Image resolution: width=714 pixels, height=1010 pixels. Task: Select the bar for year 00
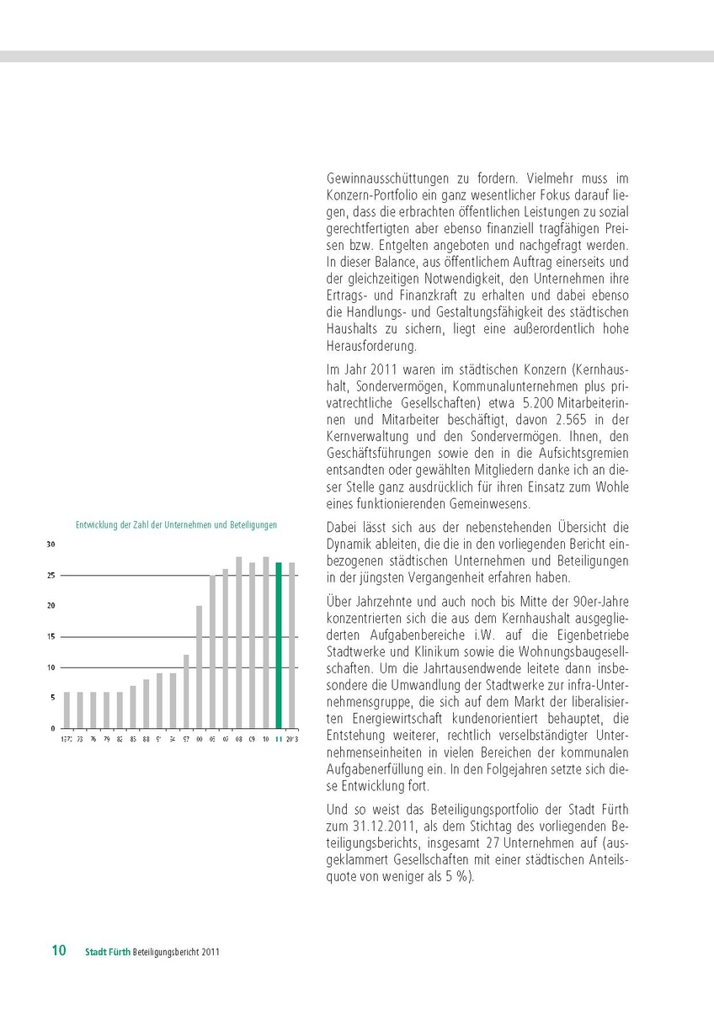(200, 667)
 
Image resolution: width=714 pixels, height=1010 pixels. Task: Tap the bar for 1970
(67, 710)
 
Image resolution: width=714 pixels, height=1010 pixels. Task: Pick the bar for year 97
(186, 691)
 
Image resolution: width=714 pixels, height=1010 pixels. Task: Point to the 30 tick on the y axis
(51, 545)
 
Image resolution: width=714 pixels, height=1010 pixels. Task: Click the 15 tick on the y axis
(51, 636)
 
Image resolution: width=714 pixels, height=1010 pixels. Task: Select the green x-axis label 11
(279, 739)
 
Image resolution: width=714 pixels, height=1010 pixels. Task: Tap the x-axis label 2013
(292, 739)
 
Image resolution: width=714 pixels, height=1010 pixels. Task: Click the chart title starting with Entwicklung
(176, 524)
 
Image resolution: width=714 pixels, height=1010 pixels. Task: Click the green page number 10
(59, 951)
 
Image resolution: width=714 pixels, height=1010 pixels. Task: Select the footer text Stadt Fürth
(107, 952)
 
